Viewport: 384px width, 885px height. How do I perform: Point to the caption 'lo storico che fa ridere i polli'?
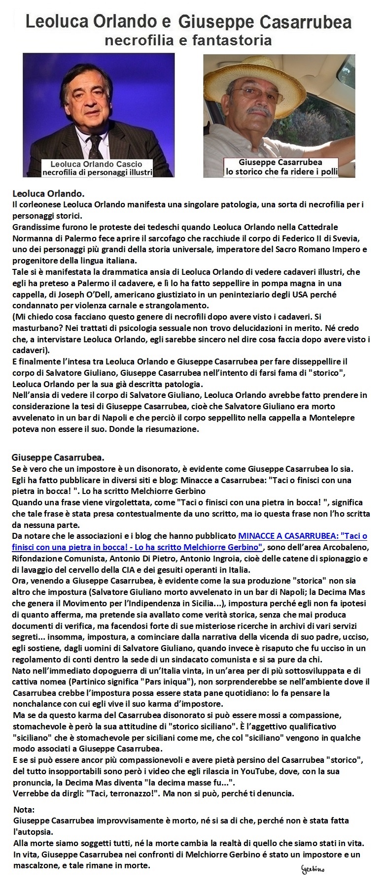pyautogui.click(x=280, y=171)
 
